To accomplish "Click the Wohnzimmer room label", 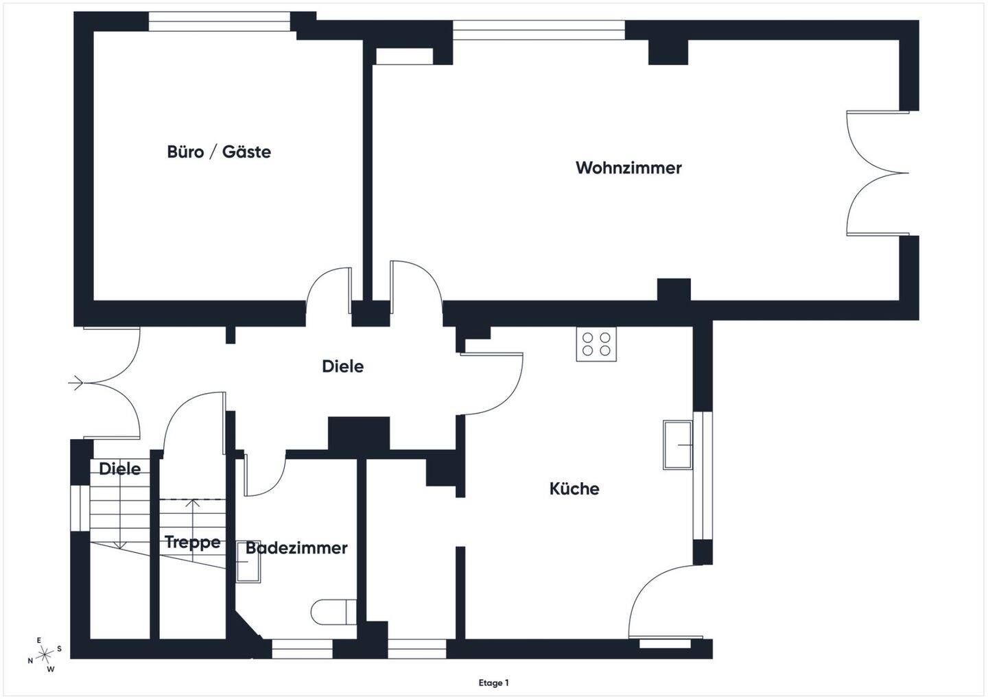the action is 628,168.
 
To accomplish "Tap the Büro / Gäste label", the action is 219,152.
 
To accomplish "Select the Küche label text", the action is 574,489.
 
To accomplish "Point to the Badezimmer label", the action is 296,548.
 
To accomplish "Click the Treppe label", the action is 193,543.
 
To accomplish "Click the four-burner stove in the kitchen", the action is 596,344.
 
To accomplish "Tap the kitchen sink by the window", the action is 678,445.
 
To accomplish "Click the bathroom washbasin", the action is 247,562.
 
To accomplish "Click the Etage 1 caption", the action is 494,683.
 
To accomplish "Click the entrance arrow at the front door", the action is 76,383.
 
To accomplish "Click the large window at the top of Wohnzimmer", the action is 539,29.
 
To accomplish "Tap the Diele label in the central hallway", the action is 342,366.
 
